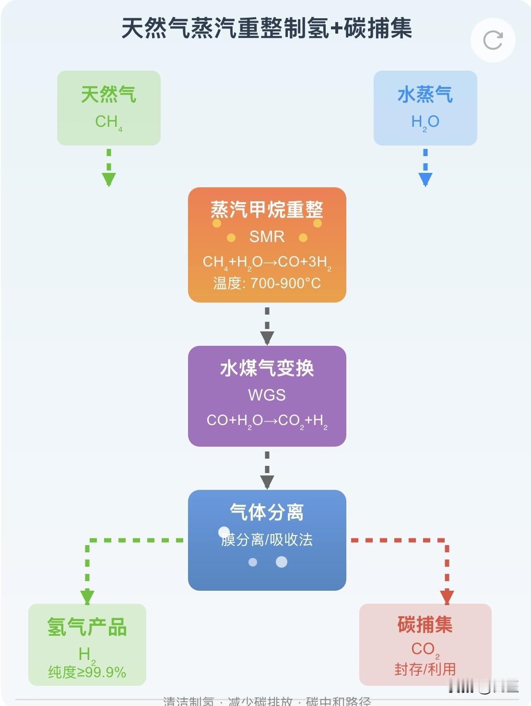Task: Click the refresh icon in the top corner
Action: point(493,40)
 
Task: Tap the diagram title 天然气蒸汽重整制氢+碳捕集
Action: point(266,28)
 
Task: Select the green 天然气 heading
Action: point(108,95)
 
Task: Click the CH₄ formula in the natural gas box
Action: point(108,122)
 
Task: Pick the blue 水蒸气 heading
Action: point(425,95)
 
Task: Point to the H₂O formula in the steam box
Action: point(425,122)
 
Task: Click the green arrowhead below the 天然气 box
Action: point(109,179)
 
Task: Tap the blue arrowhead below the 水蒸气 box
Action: point(425,179)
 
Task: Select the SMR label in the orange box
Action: point(267,237)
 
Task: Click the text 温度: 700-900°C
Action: point(267,283)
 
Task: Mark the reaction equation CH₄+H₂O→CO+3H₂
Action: point(267,262)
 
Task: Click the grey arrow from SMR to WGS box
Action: point(267,327)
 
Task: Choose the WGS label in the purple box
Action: point(267,395)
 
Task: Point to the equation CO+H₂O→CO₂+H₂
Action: point(267,421)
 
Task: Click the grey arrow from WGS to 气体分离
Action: point(267,471)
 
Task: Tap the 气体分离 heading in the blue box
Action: point(267,512)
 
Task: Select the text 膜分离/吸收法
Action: point(267,540)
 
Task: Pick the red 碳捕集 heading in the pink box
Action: point(425,625)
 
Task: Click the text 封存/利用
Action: point(425,669)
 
